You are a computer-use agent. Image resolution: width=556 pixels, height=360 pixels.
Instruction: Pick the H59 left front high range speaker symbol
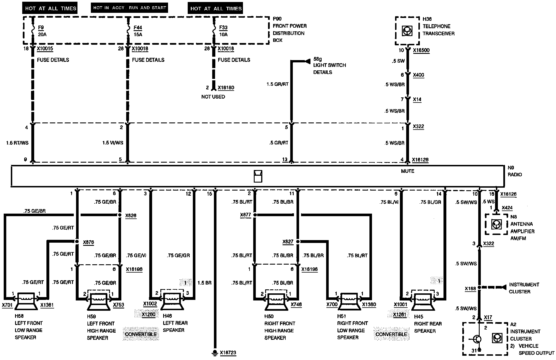coord(99,301)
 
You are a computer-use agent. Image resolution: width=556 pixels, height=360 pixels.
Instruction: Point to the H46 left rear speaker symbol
coord(172,301)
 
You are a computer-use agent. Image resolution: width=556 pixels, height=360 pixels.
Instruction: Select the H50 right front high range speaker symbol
coord(276,301)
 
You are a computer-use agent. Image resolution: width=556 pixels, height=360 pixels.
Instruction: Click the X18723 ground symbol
coord(214,353)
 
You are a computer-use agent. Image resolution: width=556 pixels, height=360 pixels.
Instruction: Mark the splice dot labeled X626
coord(120,215)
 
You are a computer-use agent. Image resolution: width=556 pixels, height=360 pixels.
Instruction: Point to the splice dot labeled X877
coord(255,215)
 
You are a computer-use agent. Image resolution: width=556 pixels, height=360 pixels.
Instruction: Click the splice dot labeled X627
coord(298,242)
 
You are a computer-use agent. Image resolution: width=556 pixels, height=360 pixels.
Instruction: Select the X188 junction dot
coord(479,287)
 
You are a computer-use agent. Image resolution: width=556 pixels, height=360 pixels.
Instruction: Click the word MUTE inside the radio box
coord(407,171)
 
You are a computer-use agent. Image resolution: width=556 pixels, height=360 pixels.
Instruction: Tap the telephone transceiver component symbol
coord(407,31)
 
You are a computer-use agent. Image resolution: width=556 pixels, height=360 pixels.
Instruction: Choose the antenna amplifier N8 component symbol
coord(496,224)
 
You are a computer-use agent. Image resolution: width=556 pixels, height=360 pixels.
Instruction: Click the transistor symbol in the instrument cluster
coord(477,339)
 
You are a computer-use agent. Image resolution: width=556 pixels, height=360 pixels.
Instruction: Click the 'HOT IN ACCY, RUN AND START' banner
coord(129,8)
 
